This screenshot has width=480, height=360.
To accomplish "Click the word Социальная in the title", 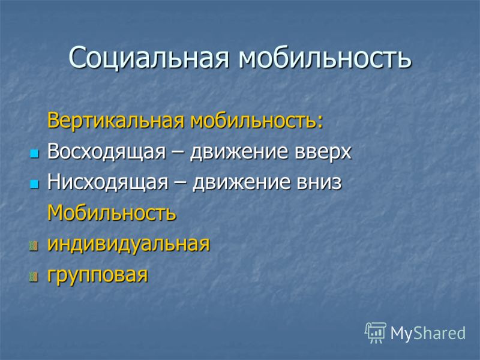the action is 149,58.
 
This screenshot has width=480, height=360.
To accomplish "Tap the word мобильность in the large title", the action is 325,58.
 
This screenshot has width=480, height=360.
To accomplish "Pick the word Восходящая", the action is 107,152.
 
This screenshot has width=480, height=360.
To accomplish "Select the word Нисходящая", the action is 108,183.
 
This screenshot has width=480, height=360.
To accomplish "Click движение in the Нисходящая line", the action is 242,183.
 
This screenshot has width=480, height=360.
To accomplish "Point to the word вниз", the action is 319,183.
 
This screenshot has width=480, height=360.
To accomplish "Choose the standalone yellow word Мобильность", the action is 112,213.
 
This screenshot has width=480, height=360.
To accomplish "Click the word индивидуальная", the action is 128,245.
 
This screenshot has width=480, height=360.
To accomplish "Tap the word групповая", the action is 98,275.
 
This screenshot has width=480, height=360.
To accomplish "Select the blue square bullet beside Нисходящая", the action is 35,184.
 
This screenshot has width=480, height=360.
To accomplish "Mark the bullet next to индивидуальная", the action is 34,246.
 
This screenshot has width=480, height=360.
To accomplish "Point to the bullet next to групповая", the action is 34,277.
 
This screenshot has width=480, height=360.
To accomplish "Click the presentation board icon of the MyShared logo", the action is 376,333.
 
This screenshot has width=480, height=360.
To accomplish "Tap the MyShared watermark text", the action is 428,333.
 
